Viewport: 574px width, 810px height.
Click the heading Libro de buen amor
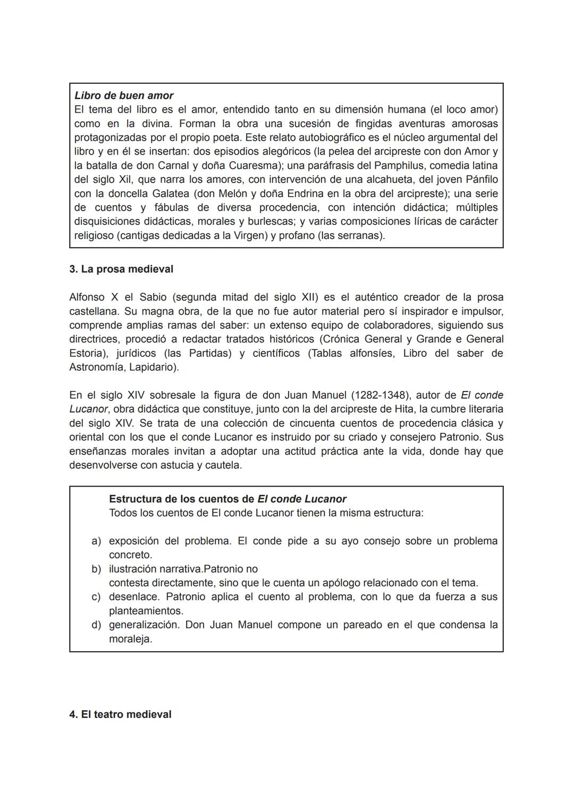124,96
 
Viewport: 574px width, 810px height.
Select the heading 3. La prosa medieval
121,269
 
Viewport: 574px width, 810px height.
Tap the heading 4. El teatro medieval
120,714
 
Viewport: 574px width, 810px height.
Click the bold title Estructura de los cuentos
227,499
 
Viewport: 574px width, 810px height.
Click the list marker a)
96,541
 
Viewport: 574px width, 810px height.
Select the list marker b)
96,569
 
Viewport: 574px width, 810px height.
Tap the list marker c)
96,597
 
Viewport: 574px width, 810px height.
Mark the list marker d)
96,625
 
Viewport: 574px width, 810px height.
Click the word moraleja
130,639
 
